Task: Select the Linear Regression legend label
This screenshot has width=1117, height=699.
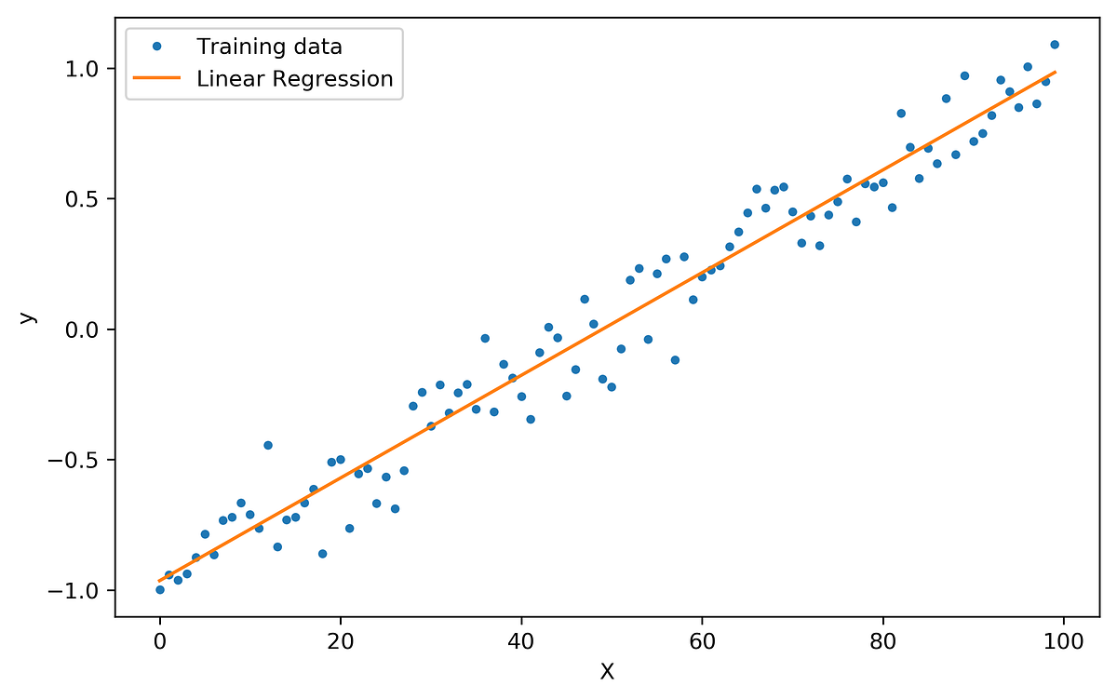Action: point(295,79)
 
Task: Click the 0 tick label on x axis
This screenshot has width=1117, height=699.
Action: point(160,641)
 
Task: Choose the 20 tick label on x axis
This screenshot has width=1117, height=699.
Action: point(341,641)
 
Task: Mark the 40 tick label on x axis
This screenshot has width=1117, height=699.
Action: point(521,641)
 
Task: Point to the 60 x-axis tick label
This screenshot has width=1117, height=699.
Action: point(702,641)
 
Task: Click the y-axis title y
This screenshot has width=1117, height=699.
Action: point(29,317)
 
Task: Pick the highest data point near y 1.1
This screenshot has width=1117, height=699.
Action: point(1054,44)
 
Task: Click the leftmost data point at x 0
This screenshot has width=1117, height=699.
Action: point(160,589)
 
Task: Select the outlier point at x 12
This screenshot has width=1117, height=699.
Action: point(268,445)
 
